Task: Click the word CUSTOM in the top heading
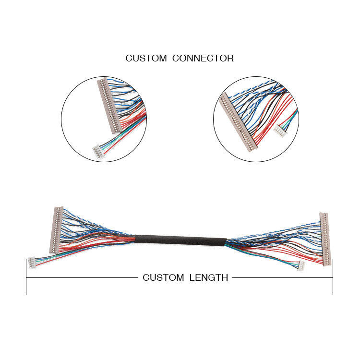click(x=146, y=58)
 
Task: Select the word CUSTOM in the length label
click(x=163, y=277)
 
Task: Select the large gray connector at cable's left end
click(x=57, y=229)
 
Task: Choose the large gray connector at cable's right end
click(x=325, y=239)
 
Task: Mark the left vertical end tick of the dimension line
click(x=26, y=277)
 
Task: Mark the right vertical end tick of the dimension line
click(x=333, y=277)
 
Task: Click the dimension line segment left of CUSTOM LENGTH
click(x=82, y=277)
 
